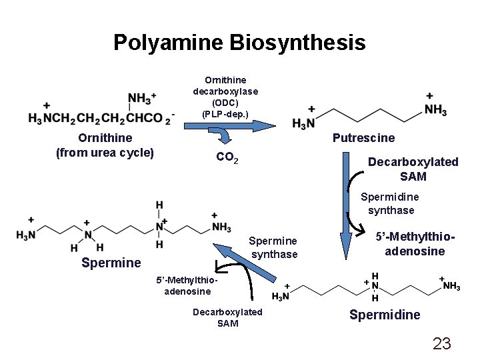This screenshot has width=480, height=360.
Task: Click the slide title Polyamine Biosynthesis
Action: tap(239, 43)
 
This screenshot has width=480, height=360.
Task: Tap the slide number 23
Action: tap(442, 343)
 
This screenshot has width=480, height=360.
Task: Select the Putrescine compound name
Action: tap(363, 138)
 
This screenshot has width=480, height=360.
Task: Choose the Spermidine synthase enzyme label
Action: tap(390, 204)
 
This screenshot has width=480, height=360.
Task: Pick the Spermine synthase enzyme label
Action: tap(274, 247)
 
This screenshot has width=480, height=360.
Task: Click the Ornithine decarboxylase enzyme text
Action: tap(225, 97)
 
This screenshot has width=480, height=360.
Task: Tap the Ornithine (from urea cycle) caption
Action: tap(105, 145)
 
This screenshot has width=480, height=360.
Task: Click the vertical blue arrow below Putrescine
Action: tap(346, 200)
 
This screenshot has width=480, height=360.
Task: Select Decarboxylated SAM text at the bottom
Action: tap(227, 318)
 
